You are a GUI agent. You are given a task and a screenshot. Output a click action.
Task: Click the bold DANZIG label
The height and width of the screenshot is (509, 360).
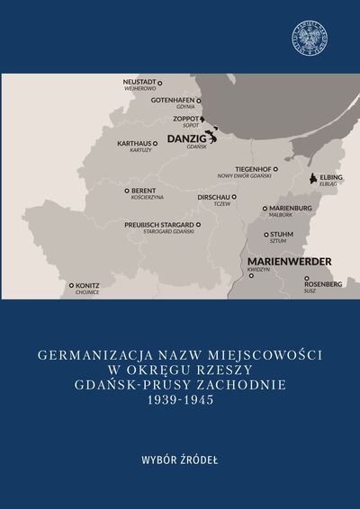click(186, 138)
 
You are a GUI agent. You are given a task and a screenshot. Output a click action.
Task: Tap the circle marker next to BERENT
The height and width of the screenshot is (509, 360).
click(128, 192)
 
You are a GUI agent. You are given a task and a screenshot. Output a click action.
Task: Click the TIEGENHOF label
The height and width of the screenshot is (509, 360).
click(255, 168)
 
